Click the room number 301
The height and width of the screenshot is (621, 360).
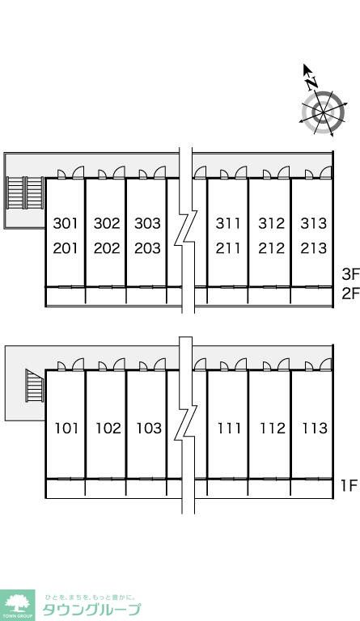66,223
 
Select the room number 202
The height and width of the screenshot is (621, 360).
107,248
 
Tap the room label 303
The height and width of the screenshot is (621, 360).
147,223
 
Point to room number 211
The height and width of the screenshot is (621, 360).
228,248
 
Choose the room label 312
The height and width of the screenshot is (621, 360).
272,223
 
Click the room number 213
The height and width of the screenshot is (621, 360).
313,248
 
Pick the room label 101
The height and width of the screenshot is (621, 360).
66,428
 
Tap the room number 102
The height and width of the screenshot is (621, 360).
108,428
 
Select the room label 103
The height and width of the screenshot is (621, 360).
149,428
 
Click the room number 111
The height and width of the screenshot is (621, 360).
229,428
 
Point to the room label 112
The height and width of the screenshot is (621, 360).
273,428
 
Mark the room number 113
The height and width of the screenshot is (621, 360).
315,428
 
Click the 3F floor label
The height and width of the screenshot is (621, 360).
350,273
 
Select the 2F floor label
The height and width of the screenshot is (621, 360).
350,294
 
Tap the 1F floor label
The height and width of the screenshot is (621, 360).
349,485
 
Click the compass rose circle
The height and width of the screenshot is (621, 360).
323,113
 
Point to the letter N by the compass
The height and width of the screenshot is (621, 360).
311,82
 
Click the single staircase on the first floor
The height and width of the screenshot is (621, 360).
35,386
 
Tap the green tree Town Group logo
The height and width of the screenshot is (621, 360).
17,605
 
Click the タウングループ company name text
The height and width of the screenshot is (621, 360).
91,609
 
